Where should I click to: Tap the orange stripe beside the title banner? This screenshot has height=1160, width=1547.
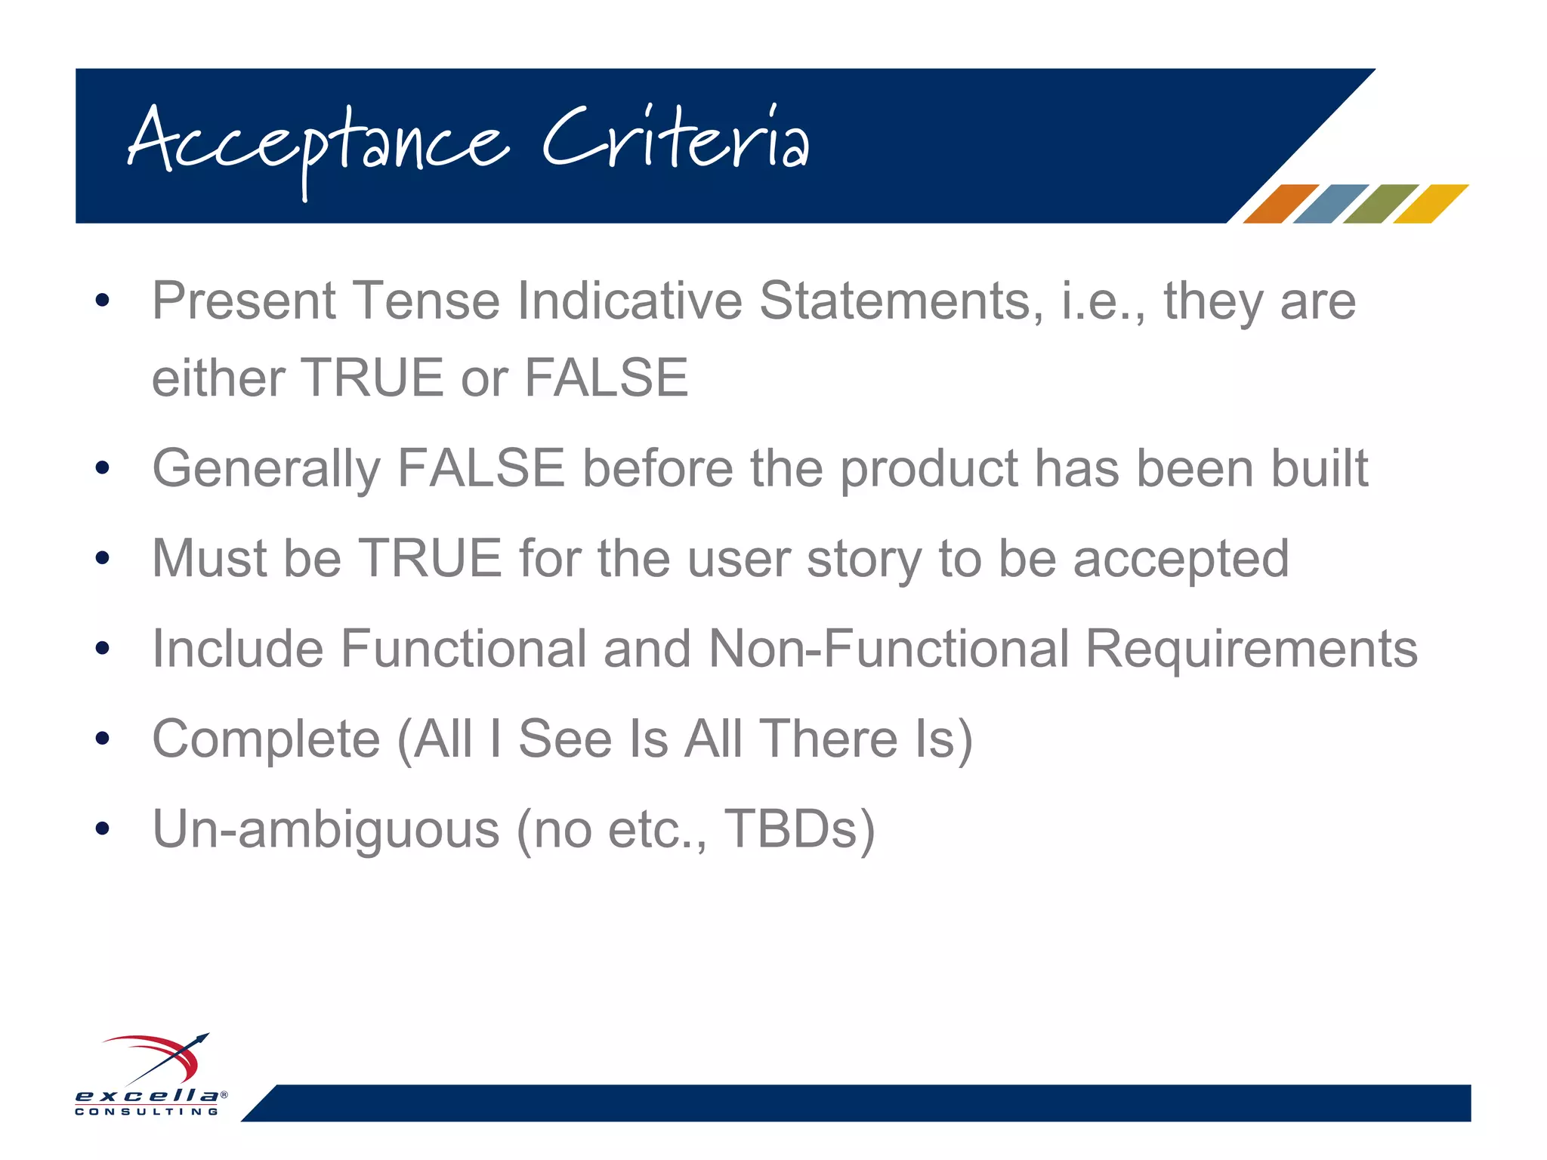(x=1280, y=204)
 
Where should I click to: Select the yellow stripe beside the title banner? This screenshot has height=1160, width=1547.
(x=1430, y=204)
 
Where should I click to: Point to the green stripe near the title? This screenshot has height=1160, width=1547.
(x=1380, y=204)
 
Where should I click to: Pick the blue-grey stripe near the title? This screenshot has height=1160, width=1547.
(x=1330, y=204)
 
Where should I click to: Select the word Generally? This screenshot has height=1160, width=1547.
(x=266, y=469)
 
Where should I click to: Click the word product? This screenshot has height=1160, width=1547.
(x=928, y=469)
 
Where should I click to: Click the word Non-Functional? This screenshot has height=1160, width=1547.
(x=888, y=649)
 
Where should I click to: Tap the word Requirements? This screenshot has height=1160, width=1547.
(x=1251, y=649)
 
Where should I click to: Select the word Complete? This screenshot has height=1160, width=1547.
(x=266, y=739)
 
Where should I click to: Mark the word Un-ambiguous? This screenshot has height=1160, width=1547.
(x=326, y=829)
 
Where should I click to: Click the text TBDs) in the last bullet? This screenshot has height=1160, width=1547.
(x=799, y=829)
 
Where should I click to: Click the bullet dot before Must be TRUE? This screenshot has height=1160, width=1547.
(x=103, y=559)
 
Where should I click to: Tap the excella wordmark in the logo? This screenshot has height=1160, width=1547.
(x=147, y=1095)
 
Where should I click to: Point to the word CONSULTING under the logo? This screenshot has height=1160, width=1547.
(x=147, y=1112)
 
